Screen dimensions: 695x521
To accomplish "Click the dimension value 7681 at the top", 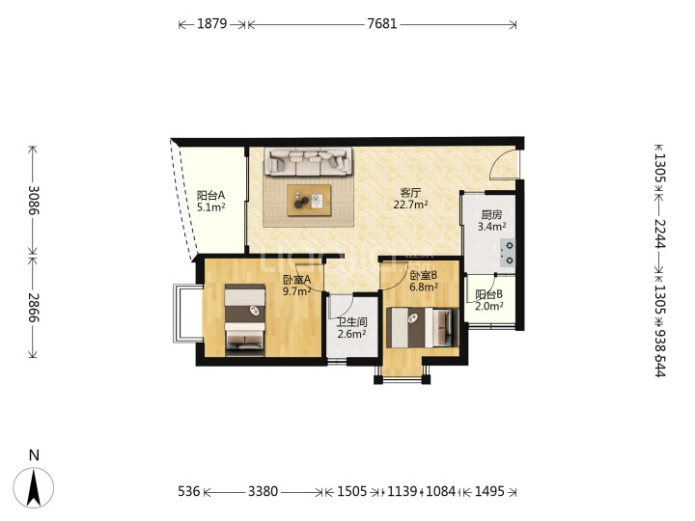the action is point(382,23).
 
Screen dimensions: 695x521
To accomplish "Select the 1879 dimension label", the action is point(211,23).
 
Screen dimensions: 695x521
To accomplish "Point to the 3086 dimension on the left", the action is point(34,201).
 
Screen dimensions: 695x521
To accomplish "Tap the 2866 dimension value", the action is point(34,308).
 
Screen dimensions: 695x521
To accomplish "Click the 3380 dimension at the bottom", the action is point(263,491).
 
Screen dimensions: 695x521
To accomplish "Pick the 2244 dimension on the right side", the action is point(660,233).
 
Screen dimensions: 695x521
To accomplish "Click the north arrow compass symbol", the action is point(34,487).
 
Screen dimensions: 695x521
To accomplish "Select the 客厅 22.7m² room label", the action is point(410,199).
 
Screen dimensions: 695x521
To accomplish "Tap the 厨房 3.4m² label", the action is point(491,221).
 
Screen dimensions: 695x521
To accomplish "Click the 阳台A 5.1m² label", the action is point(211,201).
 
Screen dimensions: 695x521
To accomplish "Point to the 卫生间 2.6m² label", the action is point(351,328).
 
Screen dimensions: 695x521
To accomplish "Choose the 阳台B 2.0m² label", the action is point(488,300).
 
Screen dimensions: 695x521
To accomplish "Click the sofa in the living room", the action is point(309,162).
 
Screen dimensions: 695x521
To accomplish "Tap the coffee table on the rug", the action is point(309,201).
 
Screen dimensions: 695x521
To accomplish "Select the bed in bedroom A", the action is point(245,320).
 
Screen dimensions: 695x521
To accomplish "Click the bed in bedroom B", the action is point(423,328).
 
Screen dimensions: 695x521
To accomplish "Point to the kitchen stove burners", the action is point(509,253).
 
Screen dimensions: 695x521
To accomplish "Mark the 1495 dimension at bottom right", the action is point(489,491).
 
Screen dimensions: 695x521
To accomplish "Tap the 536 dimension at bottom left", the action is point(189,491).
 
